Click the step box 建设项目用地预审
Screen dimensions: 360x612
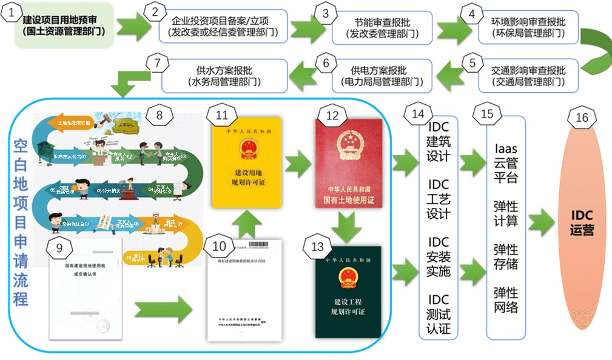pyautogui.click(x=64, y=25)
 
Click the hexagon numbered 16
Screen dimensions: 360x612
pyautogui.click(x=582, y=117)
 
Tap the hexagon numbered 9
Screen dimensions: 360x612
pyautogui.click(x=59, y=248)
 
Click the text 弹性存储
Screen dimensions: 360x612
pyautogui.click(x=505, y=258)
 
